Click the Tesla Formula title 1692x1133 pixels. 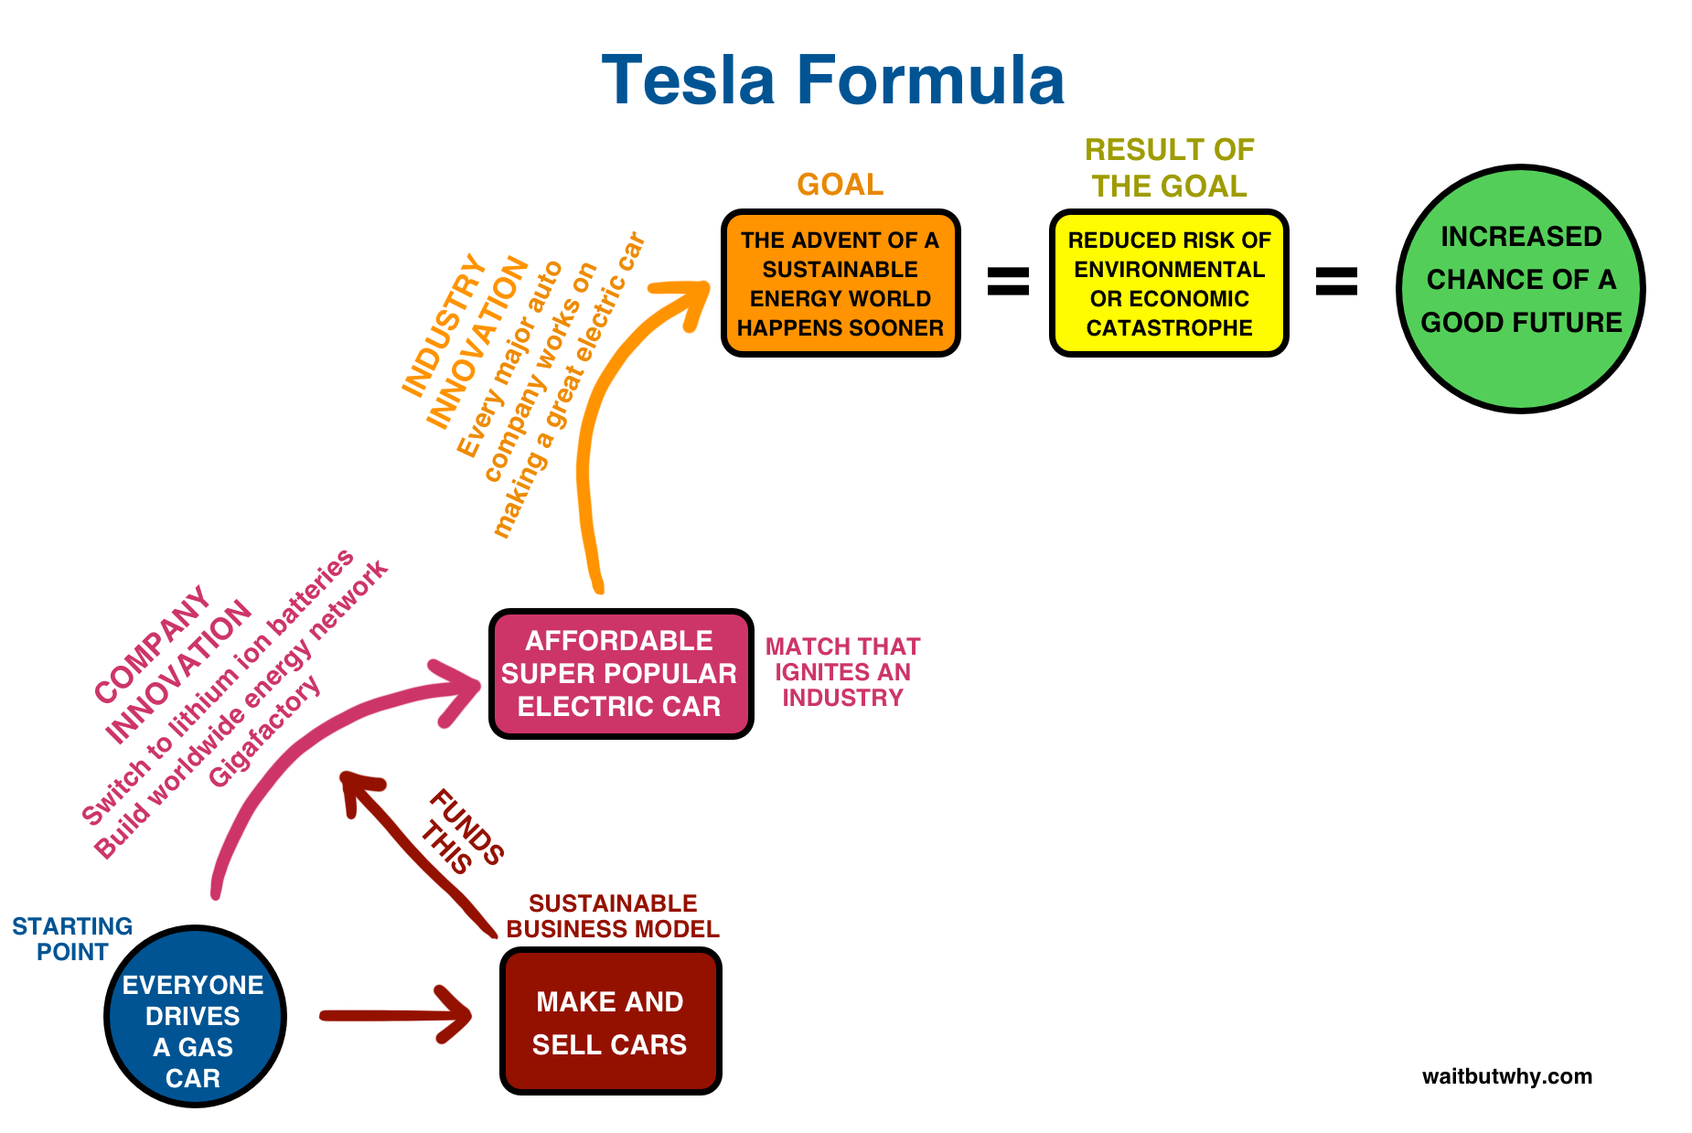click(x=832, y=80)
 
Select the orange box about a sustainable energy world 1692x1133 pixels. click(x=841, y=283)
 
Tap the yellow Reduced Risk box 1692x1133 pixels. click(x=1169, y=283)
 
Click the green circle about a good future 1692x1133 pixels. click(x=1520, y=289)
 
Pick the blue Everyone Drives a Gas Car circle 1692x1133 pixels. click(x=195, y=1017)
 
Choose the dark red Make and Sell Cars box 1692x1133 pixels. click(x=610, y=1021)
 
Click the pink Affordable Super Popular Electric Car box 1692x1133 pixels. click(x=620, y=674)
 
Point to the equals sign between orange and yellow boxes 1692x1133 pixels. click(x=1008, y=281)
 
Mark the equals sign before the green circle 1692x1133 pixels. click(x=1336, y=281)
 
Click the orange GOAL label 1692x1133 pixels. click(x=840, y=185)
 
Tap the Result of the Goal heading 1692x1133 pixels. click(x=1169, y=168)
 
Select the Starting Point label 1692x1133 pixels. click(x=72, y=939)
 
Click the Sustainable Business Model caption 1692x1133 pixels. click(x=613, y=916)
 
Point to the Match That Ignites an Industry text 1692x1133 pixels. click(x=842, y=672)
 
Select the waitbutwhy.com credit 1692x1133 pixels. click(x=1506, y=1076)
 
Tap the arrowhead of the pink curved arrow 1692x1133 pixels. click(x=462, y=690)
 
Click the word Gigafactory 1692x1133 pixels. click(x=264, y=732)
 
